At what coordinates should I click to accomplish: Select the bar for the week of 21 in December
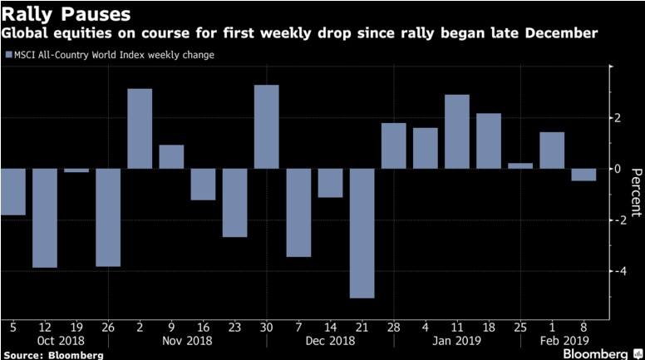click(362, 233)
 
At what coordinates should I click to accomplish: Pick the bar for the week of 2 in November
click(140, 128)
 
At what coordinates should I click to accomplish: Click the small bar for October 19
click(76, 170)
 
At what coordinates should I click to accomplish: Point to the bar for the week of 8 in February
click(583, 175)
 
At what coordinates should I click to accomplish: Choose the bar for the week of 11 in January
click(456, 131)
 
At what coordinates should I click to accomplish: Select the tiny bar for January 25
click(519, 165)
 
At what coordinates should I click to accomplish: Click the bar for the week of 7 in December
click(298, 212)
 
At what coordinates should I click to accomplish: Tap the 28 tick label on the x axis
click(393, 327)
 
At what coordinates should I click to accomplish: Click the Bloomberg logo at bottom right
click(598, 353)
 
